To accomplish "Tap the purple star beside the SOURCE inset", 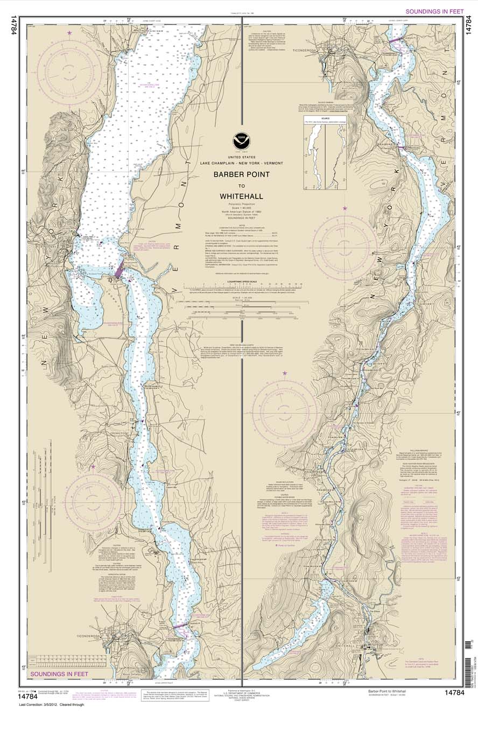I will click(345, 208).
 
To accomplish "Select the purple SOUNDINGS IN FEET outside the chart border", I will click(434, 11).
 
